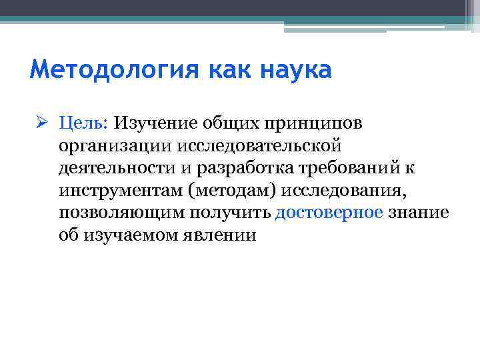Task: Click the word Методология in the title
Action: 99,70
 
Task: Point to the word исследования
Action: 343,191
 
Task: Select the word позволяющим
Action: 121,213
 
